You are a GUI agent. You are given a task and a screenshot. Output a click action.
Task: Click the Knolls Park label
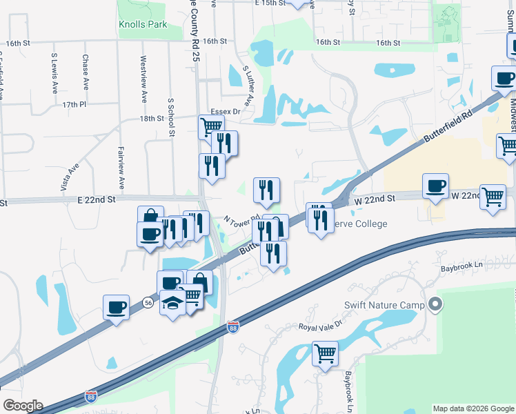[x=143, y=24]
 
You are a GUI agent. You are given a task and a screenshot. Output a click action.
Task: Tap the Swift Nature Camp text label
[x=384, y=304]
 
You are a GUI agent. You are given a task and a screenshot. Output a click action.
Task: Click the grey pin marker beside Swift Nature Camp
[x=435, y=304]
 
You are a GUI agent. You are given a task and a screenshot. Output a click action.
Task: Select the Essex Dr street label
[x=225, y=111]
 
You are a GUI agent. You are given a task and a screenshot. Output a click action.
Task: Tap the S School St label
[x=172, y=117]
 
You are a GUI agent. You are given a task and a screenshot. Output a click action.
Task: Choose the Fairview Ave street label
[x=121, y=172]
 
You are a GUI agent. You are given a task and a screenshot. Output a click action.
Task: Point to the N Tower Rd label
[x=241, y=223]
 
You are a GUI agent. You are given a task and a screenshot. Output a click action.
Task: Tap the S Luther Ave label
[x=248, y=86]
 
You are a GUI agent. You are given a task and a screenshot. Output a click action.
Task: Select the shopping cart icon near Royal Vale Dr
[x=325, y=353]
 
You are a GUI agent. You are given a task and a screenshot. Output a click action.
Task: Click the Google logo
[x=23, y=406]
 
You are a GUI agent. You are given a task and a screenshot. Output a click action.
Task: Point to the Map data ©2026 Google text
[x=473, y=408]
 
